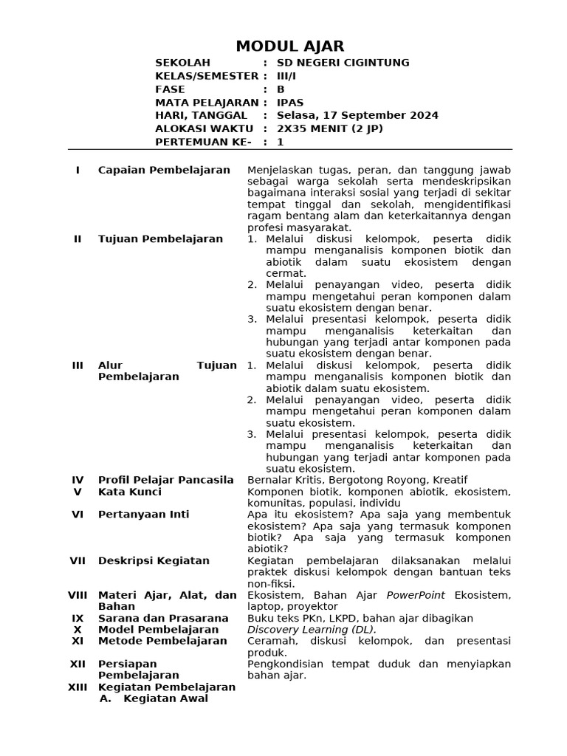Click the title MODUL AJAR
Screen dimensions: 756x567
pos(289,47)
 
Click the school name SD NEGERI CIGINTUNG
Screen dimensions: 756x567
pos(343,63)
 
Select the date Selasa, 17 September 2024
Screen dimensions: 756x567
pos(357,115)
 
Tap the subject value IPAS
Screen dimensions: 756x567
pos(290,102)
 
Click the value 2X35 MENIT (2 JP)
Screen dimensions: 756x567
pos(330,128)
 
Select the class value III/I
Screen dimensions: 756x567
pos(286,76)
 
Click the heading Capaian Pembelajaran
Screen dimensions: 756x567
pos(164,170)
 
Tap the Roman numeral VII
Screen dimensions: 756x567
pos(78,560)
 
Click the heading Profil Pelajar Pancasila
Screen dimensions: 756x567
pos(165,480)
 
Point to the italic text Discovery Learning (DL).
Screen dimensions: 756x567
pos(312,630)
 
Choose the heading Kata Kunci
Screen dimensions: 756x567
pos(129,492)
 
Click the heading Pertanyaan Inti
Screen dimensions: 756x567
pos(143,515)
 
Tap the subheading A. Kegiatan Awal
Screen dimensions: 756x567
pos(154,698)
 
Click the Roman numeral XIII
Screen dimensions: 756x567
pos(78,687)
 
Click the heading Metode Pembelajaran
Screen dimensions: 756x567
pos(162,641)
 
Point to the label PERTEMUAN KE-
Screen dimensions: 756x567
pos(203,142)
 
